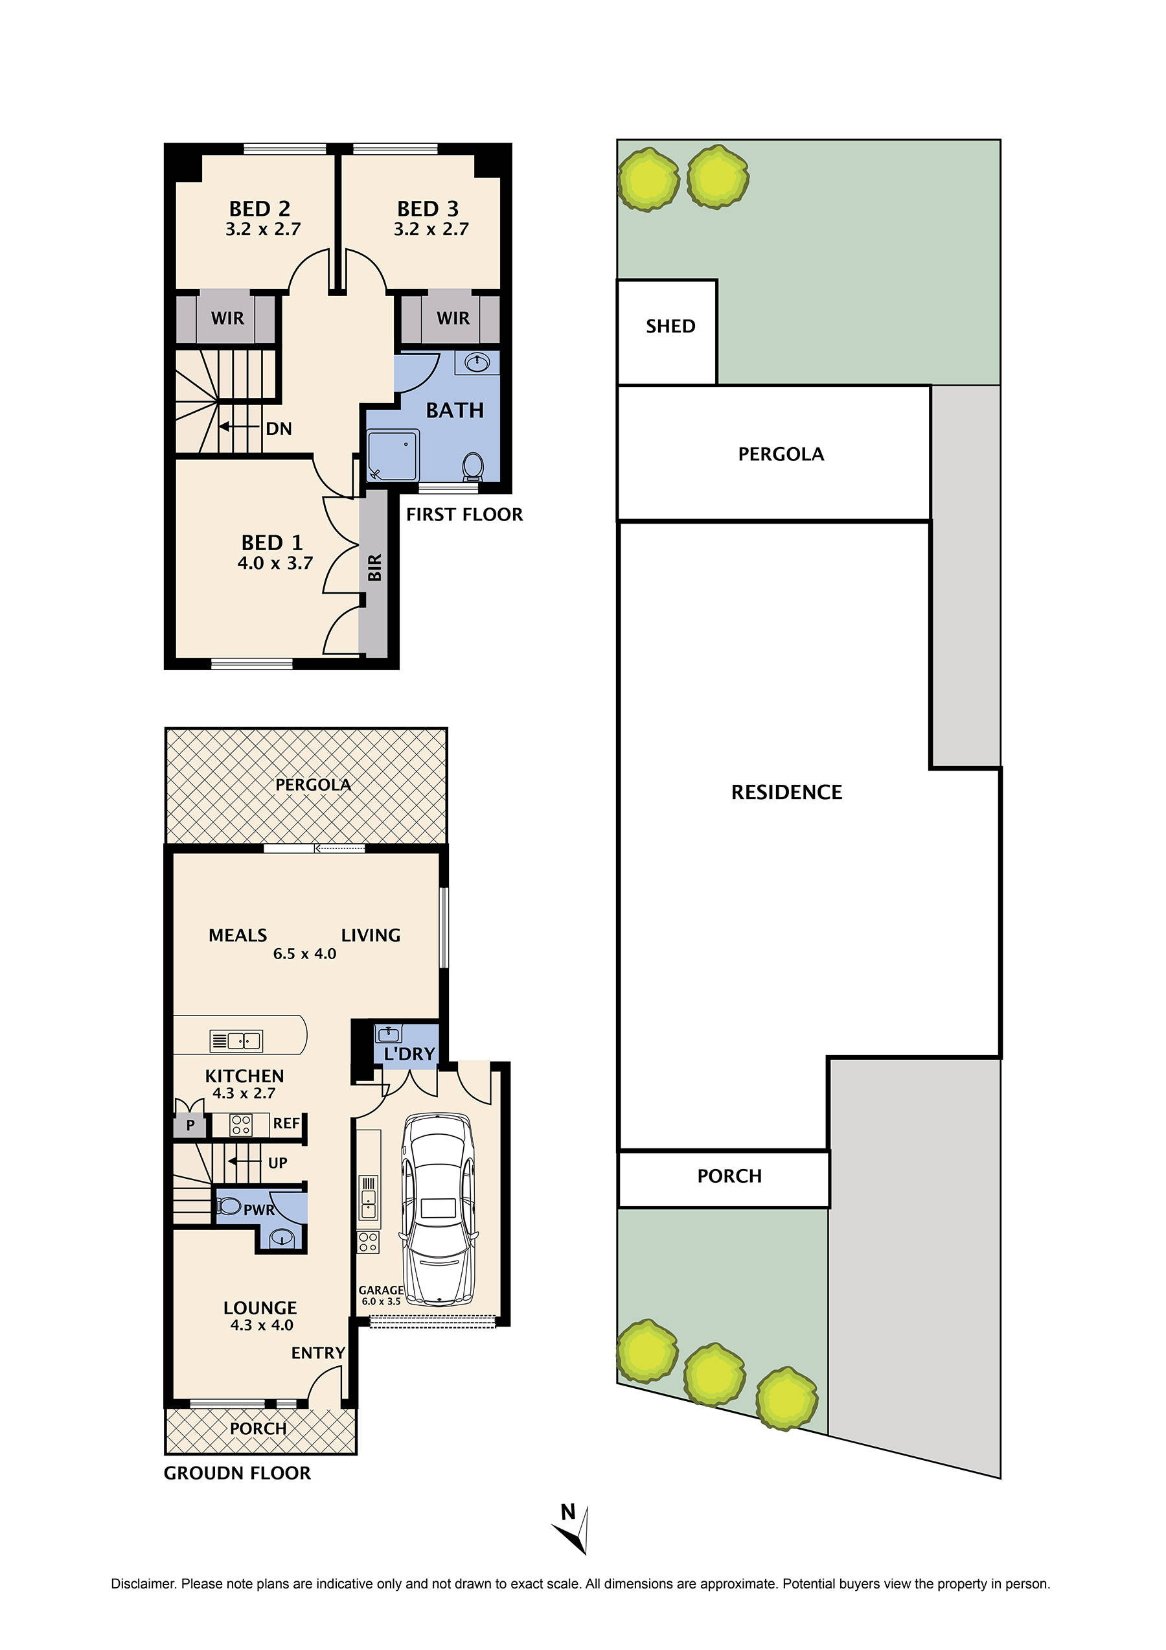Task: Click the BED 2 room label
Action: pos(259,209)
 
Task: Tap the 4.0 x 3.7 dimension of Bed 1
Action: pos(275,563)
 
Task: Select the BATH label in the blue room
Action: pos(454,410)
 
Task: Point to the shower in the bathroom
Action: pos(393,455)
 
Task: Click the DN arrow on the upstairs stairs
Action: pos(240,427)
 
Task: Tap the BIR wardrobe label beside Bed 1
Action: pos(374,568)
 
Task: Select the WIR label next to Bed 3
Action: pos(453,318)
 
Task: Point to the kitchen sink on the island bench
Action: pos(236,1040)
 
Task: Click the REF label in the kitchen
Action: pos(286,1123)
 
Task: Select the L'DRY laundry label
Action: pos(409,1054)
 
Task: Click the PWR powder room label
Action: pos(258,1210)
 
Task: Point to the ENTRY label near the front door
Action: pos(317,1353)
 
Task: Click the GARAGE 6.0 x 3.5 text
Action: pos(381,1295)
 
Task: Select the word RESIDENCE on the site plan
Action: pos(786,792)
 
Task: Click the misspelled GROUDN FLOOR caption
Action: pos(237,1473)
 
